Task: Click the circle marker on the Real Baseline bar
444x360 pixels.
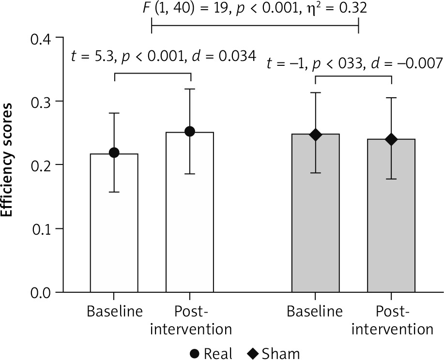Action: (x=115, y=153)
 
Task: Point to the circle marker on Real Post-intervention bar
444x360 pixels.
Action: (x=190, y=132)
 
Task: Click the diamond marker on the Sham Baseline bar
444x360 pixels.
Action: (x=315, y=135)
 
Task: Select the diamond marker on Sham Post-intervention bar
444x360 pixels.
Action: (x=391, y=139)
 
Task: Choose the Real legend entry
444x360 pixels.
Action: (x=209, y=353)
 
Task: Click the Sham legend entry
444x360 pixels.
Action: (x=274, y=353)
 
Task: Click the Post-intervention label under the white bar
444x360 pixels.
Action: (x=190, y=320)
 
